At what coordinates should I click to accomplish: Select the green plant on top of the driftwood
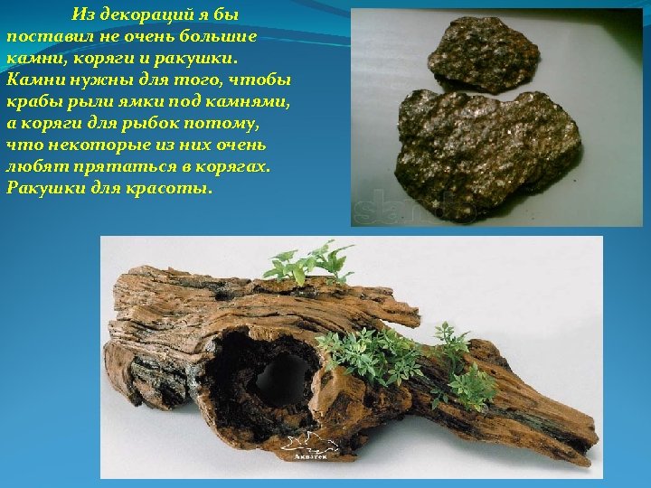(x=307, y=262)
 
